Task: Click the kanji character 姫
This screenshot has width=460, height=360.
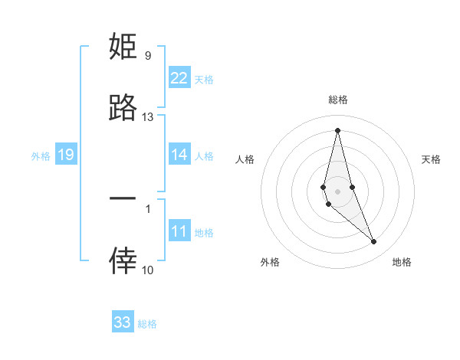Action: point(123,47)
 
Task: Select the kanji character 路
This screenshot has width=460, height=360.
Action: point(123,108)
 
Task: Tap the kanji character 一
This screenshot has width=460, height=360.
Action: point(123,198)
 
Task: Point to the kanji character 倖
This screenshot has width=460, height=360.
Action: point(123,261)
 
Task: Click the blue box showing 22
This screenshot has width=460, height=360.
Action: point(179,78)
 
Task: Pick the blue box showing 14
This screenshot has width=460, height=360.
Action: point(179,155)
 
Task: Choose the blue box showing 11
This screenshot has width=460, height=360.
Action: point(179,231)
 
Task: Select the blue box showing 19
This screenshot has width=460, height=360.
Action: point(65,155)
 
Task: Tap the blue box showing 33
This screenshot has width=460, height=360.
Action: point(123,322)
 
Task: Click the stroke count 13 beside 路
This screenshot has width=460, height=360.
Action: point(148,117)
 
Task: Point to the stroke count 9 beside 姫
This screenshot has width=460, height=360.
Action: point(148,56)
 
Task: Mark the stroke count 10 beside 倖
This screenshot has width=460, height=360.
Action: point(148,270)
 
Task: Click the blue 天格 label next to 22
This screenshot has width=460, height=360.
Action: point(204,80)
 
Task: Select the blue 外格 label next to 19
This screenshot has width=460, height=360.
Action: point(41,156)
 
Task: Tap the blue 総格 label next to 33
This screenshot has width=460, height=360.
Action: point(147,324)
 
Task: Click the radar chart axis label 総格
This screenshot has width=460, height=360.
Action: point(337,100)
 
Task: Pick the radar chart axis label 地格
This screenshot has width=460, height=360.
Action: point(402,262)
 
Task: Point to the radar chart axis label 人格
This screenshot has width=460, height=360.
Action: point(245,159)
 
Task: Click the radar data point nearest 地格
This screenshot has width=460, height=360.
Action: point(374,242)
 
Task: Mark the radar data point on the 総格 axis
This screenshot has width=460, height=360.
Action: point(337,129)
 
